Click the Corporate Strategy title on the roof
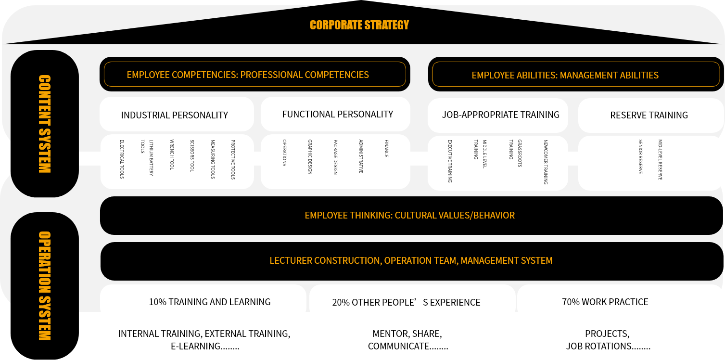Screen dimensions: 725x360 (359, 25)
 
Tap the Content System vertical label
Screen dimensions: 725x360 (45, 124)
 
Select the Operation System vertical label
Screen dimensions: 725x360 (45, 286)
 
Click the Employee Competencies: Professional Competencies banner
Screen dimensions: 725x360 (254, 74)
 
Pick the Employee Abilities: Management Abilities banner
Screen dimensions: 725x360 (576, 74)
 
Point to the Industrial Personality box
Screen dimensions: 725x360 (177, 114)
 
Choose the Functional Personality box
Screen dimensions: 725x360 (335, 114)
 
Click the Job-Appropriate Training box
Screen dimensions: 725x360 (498, 115)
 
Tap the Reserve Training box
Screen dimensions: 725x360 (650, 115)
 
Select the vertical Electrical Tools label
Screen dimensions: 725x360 (122, 159)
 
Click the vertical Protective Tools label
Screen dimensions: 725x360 (233, 160)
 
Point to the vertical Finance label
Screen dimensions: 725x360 (386, 149)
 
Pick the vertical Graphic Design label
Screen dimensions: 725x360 (310, 157)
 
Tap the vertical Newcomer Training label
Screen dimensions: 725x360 (546, 162)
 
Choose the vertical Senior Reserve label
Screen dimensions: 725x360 (640, 157)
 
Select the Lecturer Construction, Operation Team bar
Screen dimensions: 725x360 (411, 261)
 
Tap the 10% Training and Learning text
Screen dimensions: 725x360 (210, 302)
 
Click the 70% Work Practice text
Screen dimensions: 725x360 (605, 302)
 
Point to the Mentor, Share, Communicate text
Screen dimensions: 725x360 (408, 340)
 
